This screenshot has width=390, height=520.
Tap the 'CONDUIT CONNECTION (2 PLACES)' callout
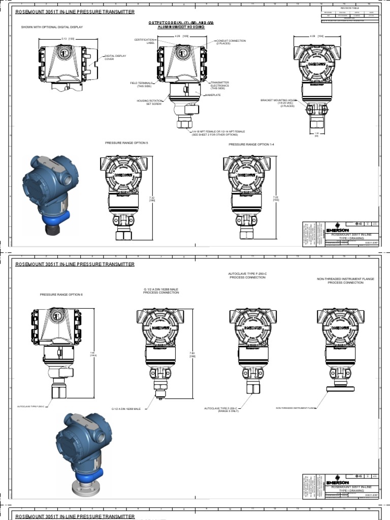pos(231,42)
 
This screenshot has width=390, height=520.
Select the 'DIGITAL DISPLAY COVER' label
pos(115,57)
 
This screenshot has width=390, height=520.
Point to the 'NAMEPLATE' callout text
pos(213,95)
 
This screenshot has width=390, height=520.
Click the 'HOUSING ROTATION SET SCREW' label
pos(149,102)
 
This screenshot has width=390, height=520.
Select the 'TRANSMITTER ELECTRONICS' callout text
pos(219,85)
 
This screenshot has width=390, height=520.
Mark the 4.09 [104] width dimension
pos(317,36)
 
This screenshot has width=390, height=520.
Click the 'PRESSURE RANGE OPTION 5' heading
pos(126,143)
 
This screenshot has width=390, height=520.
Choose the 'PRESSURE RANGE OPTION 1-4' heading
pos(251,144)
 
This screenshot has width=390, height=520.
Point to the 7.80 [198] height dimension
pos(192,355)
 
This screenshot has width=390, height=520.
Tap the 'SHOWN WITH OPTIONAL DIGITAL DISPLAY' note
pos(52,27)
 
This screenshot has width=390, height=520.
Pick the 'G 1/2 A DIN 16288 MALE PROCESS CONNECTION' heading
pos(161,291)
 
